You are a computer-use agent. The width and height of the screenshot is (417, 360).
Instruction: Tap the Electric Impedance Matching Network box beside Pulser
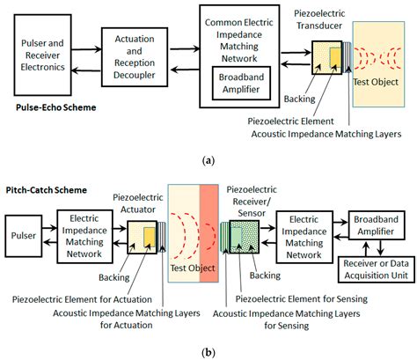(88, 236)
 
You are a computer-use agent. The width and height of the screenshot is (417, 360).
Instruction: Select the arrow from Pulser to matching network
(49, 236)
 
